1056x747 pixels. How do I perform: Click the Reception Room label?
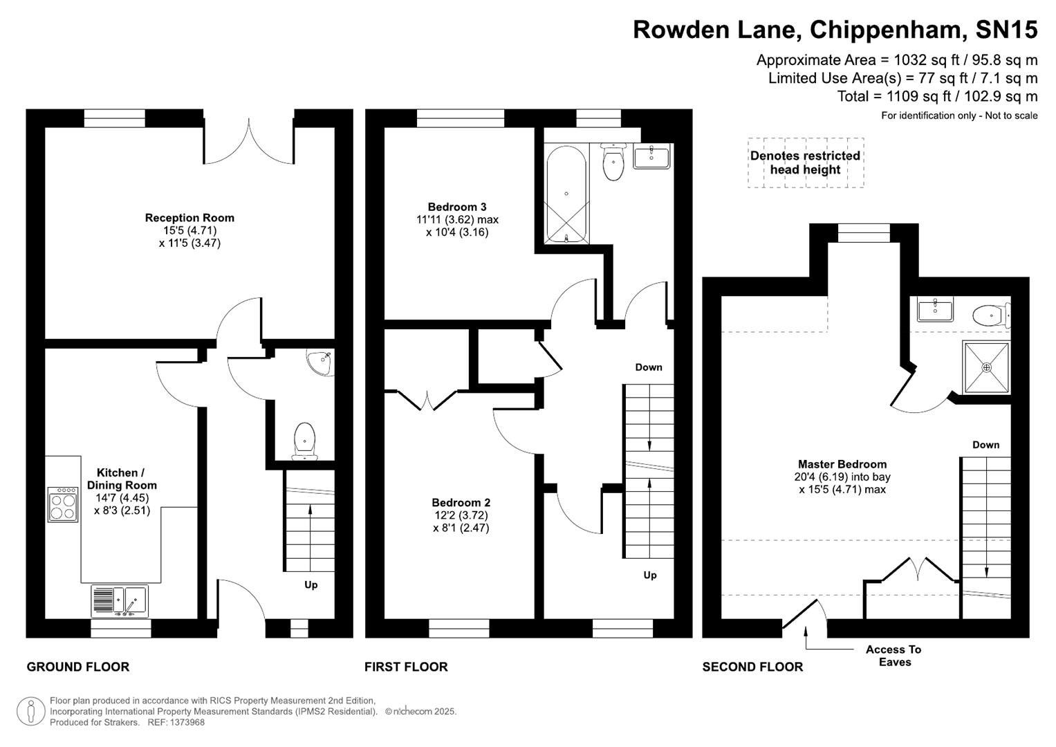pyautogui.click(x=189, y=218)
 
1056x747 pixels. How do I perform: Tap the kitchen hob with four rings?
pyautogui.click(x=63, y=504)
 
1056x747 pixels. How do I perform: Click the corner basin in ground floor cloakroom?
pyautogui.click(x=320, y=362)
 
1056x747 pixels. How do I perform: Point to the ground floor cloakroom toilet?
pyautogui.click(x=305, y=441)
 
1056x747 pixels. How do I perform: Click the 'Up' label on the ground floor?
pyautogui.click(x=311, y=585)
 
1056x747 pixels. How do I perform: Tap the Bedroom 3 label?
pyautogui.click(x=456, y=207)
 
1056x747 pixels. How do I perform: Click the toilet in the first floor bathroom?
pyautogui.click(x=613, y=163)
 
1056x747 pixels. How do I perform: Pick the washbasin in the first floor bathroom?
pyautogui.click(x=651, y=157)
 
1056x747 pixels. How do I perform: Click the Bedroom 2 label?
pyautogui.click(x=461, y=503)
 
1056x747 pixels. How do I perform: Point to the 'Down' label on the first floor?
pyautogui.click(x=649, y=367)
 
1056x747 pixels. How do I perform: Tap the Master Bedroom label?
pyautogui.click(x=842, y=465)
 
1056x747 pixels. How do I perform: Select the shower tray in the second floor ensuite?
pyautogui.click(x=986, y=367)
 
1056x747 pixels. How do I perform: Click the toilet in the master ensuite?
pyautogui.click(x=991, y=316)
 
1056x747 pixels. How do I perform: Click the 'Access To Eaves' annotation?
pyautogui.click(x=893, y=656)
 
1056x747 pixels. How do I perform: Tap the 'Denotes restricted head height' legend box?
pyautogui.click(x=806, y=163)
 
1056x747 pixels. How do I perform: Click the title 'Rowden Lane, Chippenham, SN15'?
pyautogui.click(x=835, y=30)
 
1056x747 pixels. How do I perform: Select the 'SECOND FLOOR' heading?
pyautogui.click(x=752, y=667)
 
